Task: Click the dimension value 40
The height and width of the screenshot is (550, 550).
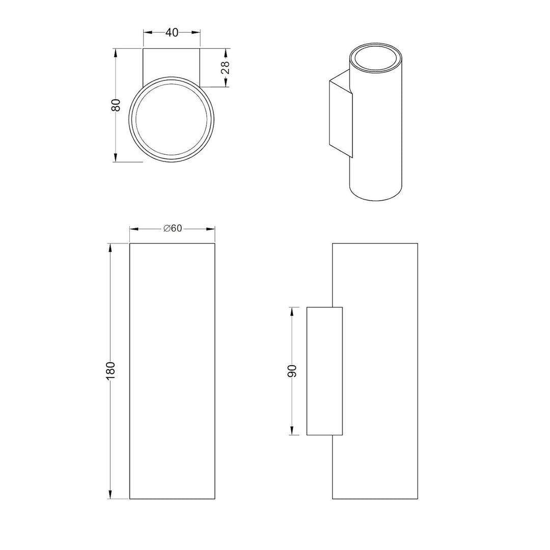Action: pos(172,33)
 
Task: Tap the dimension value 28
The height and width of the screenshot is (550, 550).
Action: pos(225,67)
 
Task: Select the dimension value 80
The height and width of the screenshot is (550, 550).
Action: pos(116,105)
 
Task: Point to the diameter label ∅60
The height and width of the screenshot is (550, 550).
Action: pos(173,228)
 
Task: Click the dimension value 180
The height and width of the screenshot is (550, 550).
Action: pos(110,370)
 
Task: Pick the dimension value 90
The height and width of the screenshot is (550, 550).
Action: pos(292,371)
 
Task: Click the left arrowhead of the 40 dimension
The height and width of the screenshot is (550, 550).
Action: pos(147,33)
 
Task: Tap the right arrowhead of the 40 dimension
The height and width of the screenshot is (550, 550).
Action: pos(196,33)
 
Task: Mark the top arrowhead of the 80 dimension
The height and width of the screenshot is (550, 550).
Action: pos(116,53)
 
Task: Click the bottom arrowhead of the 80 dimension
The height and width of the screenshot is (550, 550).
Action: pos(116,157)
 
